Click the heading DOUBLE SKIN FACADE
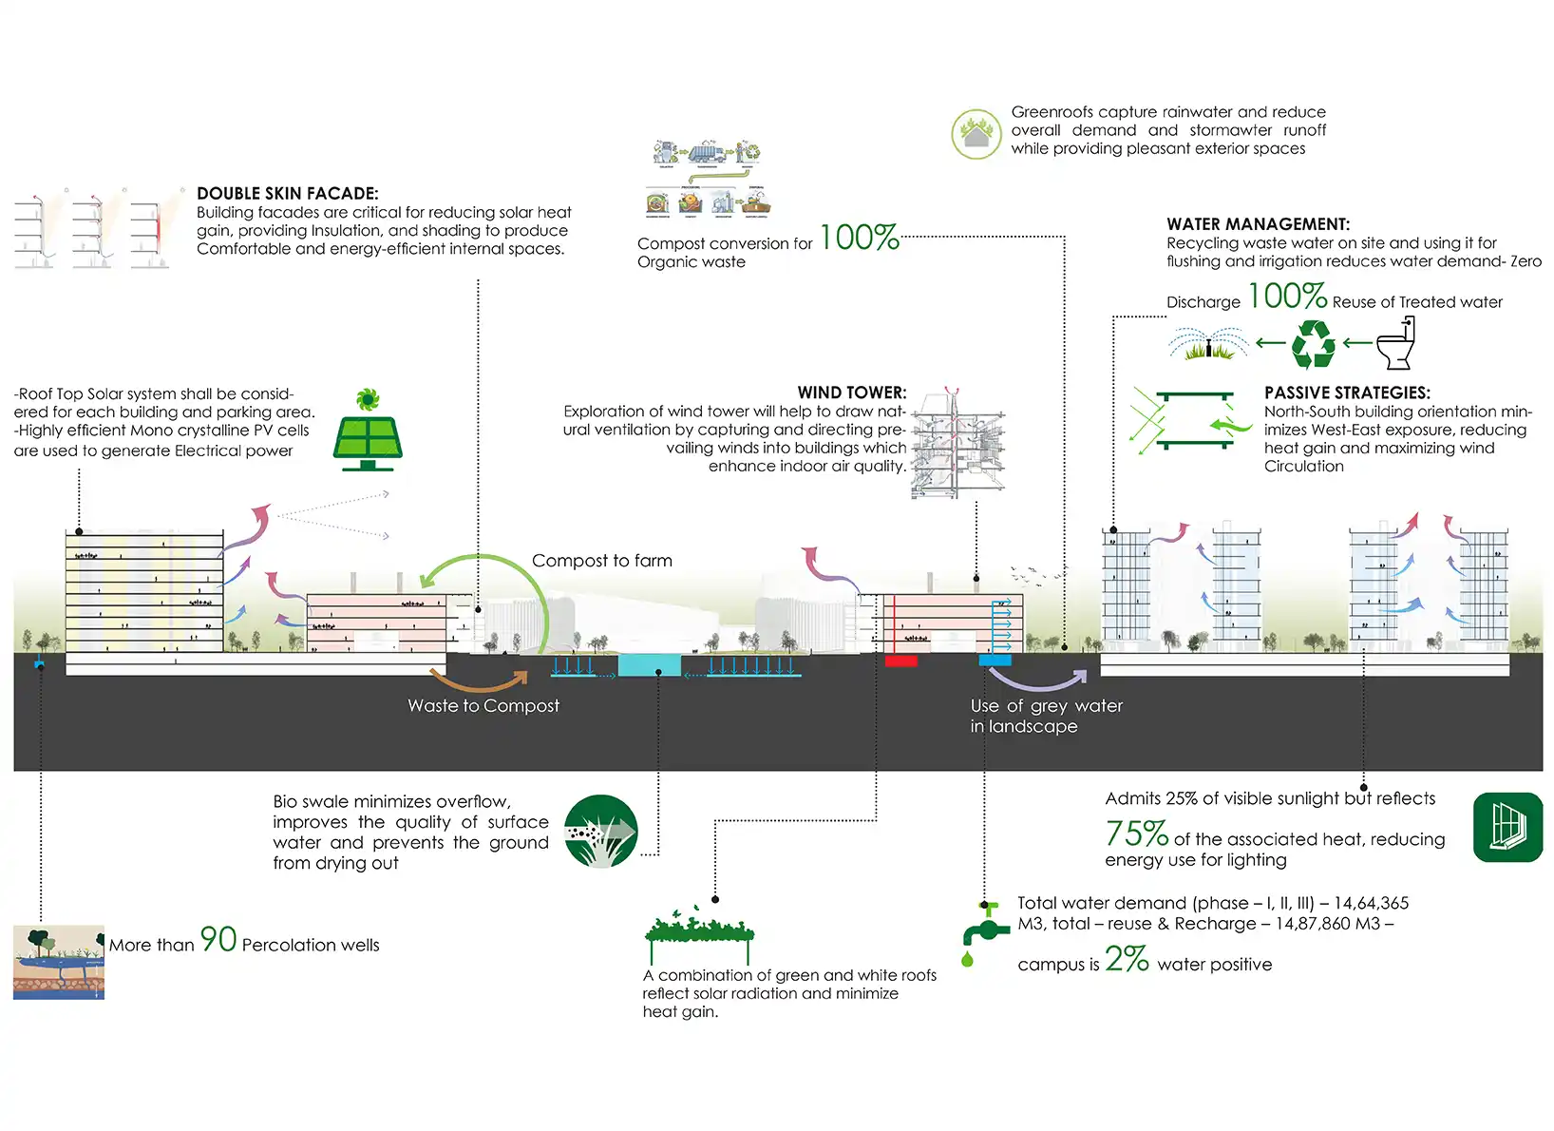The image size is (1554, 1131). tap(287, 194)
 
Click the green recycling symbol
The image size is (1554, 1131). tap(1314, 343)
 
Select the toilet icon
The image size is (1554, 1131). tap(1396, 343)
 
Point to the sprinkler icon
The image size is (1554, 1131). tap(1208, 344)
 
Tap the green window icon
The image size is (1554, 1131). tap(1507, 827)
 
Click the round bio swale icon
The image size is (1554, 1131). tap(600, 831)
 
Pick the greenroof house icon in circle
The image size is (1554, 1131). tap(976, 133)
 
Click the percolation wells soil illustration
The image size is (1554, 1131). tap(59, 962)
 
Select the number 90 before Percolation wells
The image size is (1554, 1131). tap(218, 940)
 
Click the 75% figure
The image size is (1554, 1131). tap(1136, 834)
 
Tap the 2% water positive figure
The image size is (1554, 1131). tap(1127, 959)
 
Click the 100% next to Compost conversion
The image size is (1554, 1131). tap(859, 238)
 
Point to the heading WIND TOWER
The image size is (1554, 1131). tap(851, 393)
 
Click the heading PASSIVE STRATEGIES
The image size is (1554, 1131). tap(1346, 393)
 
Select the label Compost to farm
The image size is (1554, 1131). tap(601, 561)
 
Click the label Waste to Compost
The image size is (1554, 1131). tap(483, 706)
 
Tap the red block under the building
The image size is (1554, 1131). tap(900, 661)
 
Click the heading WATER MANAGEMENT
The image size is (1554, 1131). tap(1258, 224)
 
